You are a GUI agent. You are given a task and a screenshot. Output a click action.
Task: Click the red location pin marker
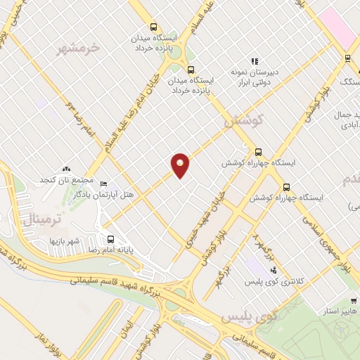point(180,165)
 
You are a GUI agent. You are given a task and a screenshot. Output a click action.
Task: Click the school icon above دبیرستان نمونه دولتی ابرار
point(255,61)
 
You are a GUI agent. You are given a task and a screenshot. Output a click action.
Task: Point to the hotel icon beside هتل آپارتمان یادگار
point(104,184)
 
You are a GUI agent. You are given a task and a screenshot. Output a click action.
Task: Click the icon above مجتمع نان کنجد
point(67,169)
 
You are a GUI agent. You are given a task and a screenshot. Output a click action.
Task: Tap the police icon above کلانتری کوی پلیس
point(274,270)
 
